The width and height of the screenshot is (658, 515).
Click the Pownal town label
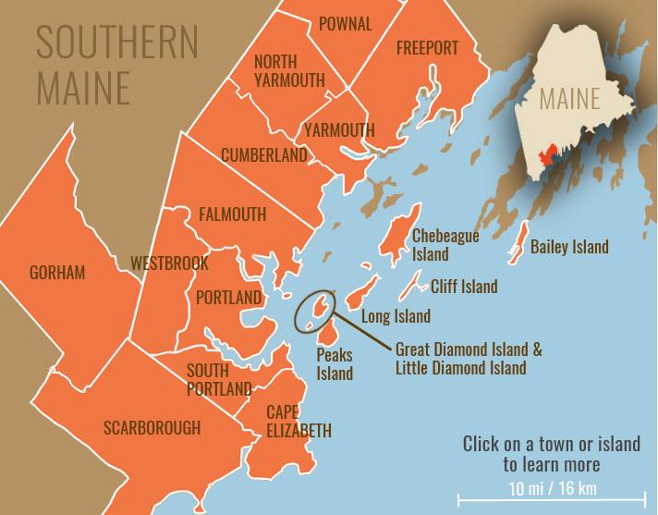[x=345, y=24]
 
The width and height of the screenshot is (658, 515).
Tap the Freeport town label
[x=427, y=48]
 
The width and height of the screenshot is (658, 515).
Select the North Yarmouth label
[x=289, y=71]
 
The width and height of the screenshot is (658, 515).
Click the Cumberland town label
[x=263, y=155]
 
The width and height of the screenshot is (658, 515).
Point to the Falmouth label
[x=232, y=215]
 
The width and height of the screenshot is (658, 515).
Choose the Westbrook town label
[x=169, y=264]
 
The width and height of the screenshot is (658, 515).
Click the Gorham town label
[x=57, y=273]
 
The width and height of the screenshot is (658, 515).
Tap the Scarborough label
[x=152, y=427]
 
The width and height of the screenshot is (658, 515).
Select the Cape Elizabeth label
[x=299, y=421]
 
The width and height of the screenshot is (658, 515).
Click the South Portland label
[x=219, y=379]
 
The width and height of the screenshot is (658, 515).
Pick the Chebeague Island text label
[x=445, y=245]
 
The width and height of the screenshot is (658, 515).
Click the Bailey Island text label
[x=569, y=247]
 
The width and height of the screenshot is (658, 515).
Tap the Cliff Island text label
[x=464, y=287]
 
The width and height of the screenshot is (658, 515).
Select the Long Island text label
[x=396, y=316]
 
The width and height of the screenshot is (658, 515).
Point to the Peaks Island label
[x=335, y=363]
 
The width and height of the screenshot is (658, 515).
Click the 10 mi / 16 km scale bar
[x=551, y=500]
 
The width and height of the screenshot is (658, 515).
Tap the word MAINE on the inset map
[x=570, y=98]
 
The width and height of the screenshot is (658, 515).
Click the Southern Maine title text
[x=116, y=65]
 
